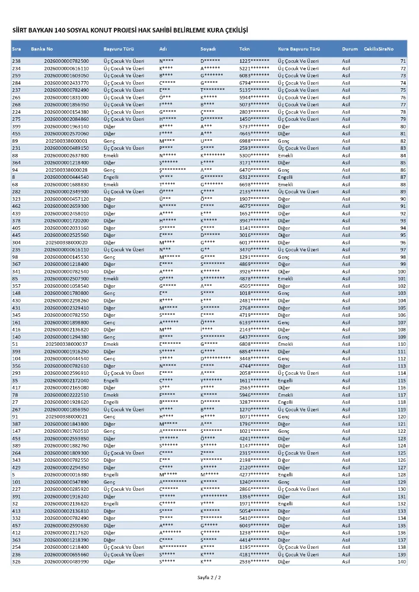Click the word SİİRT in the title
(x=21, y=30)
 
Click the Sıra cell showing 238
(x=16, y=61)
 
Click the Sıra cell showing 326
(x=16, y=561)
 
